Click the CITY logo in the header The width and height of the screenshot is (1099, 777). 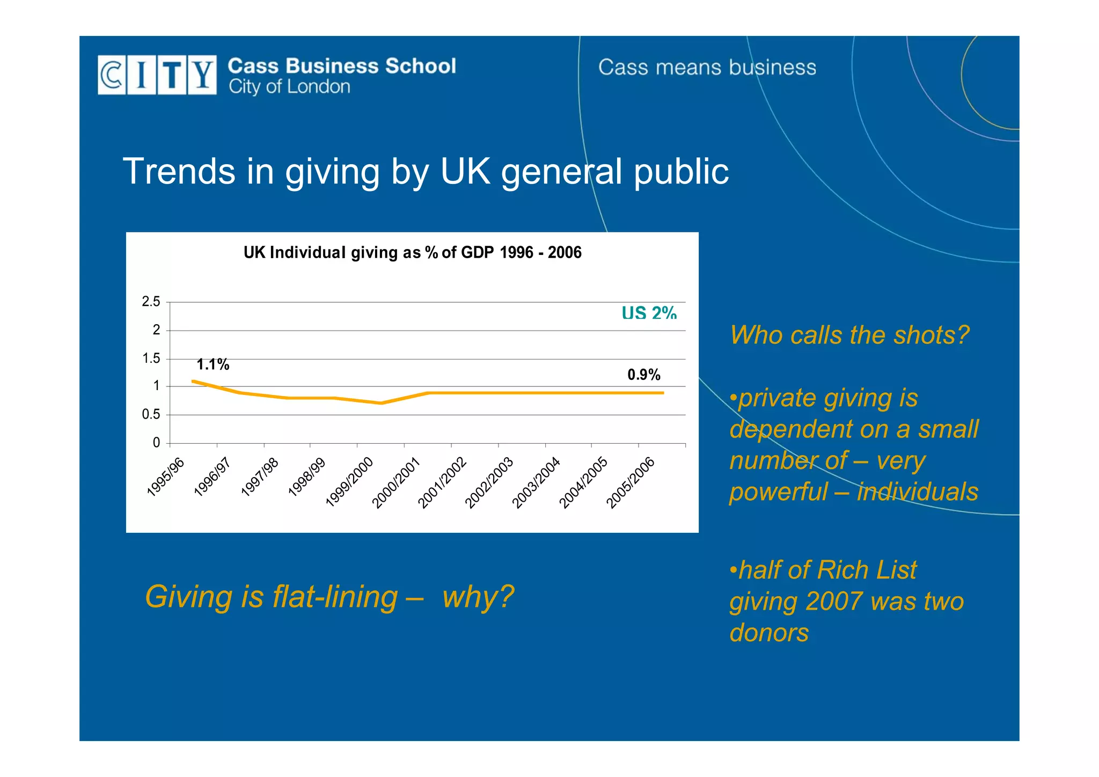pos(157,75)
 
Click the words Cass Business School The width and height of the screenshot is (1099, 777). pos(342,66)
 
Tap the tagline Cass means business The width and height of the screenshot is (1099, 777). pos(707,68)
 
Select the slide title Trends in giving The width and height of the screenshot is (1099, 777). pos(425,171)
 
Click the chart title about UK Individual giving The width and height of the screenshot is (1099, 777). pos(412,252)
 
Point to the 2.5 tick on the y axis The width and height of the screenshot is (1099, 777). pos(151,302)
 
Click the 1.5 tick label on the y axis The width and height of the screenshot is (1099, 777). pos(151,358)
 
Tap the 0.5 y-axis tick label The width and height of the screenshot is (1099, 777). pos(151,414)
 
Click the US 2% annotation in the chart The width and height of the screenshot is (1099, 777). pos(649,313)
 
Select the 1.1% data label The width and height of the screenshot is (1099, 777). pos(213,365)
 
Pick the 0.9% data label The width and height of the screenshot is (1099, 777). pos(643,375)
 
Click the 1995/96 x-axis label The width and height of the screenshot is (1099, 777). pos(165,477)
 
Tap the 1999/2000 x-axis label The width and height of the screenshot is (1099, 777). pos(349,481)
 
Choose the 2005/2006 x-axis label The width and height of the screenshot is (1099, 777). pos(630,482)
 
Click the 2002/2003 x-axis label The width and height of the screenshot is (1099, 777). pos(489,482)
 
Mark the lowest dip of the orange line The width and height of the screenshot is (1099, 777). pos(381,403)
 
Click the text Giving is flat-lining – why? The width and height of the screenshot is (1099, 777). pos(329,597)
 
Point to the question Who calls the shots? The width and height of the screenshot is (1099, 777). pos(849,335)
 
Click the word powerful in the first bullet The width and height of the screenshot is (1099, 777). pos(778,492)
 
